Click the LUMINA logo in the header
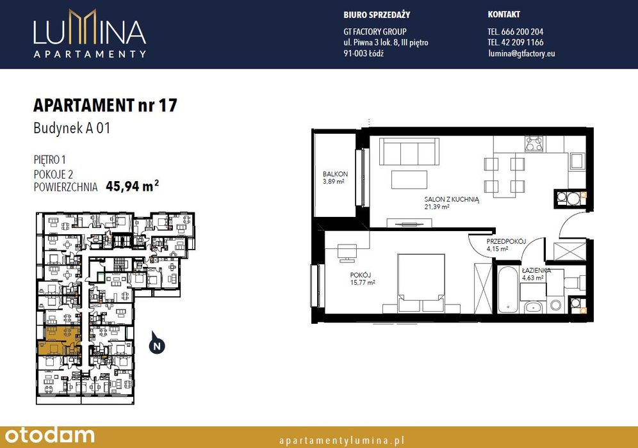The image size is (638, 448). point(90,33)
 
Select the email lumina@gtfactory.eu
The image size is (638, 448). point(521,53)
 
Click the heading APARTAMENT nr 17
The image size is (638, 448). point(105,105)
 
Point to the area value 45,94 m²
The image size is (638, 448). point(132,186)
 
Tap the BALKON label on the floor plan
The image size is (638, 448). point(335,174)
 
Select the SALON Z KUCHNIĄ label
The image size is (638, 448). point(452,200)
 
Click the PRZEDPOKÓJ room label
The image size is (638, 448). point(506,241)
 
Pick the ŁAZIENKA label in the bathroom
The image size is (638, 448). point(536,270)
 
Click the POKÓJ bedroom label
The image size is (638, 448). point(360,275)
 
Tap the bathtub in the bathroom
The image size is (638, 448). point(508,289)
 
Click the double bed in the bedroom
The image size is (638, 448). point(421,284)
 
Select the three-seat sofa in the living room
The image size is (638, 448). point(409,151)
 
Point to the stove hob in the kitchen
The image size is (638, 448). point(534,144)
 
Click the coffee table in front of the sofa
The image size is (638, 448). point(409,179)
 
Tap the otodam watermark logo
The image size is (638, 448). point(49,435)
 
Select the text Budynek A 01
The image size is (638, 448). point(72,129)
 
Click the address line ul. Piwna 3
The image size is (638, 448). point(386,42)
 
